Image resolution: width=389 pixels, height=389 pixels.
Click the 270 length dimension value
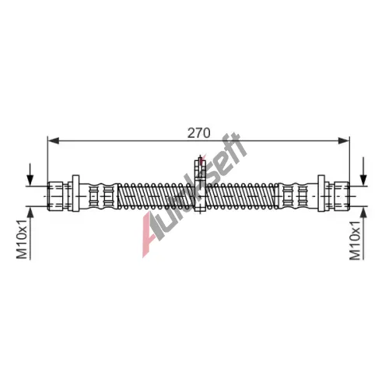(198, 133)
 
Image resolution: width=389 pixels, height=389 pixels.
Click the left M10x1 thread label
(22, 239)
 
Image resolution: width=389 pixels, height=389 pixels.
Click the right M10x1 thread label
(355, 240)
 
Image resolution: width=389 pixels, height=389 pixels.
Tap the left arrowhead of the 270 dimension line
(53, 141)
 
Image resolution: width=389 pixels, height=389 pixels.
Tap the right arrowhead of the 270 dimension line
(344, 141)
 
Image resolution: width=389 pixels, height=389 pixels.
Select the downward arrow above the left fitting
(30, 174)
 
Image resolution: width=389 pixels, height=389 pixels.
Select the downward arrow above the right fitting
(363, 171)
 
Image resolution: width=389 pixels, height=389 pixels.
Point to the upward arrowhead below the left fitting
(30, 212)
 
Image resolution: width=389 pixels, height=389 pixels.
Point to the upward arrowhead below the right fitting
(363, 212)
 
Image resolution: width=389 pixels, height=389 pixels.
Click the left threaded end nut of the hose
(55, 196)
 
